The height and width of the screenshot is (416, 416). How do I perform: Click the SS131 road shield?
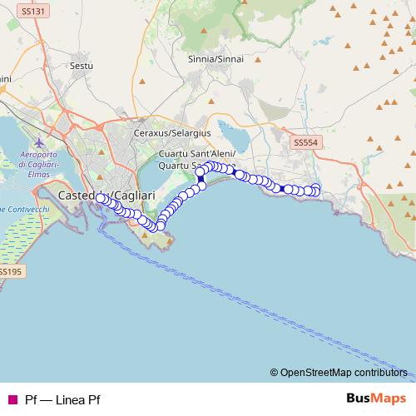click(x=34, y=12)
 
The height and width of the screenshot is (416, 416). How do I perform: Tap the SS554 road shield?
click(x=306, y=143)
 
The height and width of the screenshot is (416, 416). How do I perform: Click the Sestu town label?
click(x=82, y=65)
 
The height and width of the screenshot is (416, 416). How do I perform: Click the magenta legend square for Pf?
click(x=12, y=399)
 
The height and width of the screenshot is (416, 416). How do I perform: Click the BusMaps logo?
click(x=376, y=398)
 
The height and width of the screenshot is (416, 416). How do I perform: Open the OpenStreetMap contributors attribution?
click(x=344, y=372)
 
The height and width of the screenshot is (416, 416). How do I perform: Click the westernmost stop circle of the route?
click(x=102, y=199)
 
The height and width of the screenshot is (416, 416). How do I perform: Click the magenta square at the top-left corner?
click(x=4, y=3)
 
